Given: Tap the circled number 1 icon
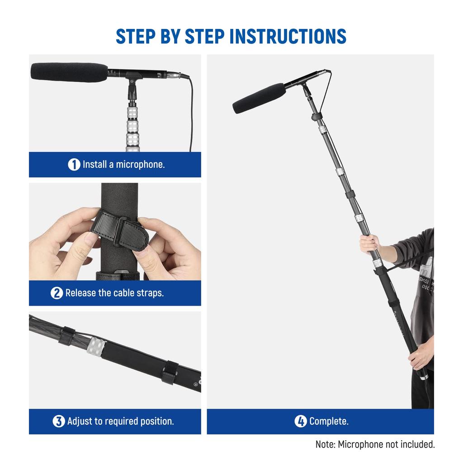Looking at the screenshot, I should [x=74, y=165].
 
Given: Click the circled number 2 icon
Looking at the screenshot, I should [x=57, y=293].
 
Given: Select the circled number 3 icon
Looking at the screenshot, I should [x=59, y=421].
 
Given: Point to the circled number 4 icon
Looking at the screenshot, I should [x=301, y=421].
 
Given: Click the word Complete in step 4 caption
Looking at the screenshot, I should [x=329, y=421].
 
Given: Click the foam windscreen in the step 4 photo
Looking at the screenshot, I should [x=259, y=98].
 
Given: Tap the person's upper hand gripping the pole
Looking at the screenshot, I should [x=369, y=243].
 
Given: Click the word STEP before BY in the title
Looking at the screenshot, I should [x=135, y=36].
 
